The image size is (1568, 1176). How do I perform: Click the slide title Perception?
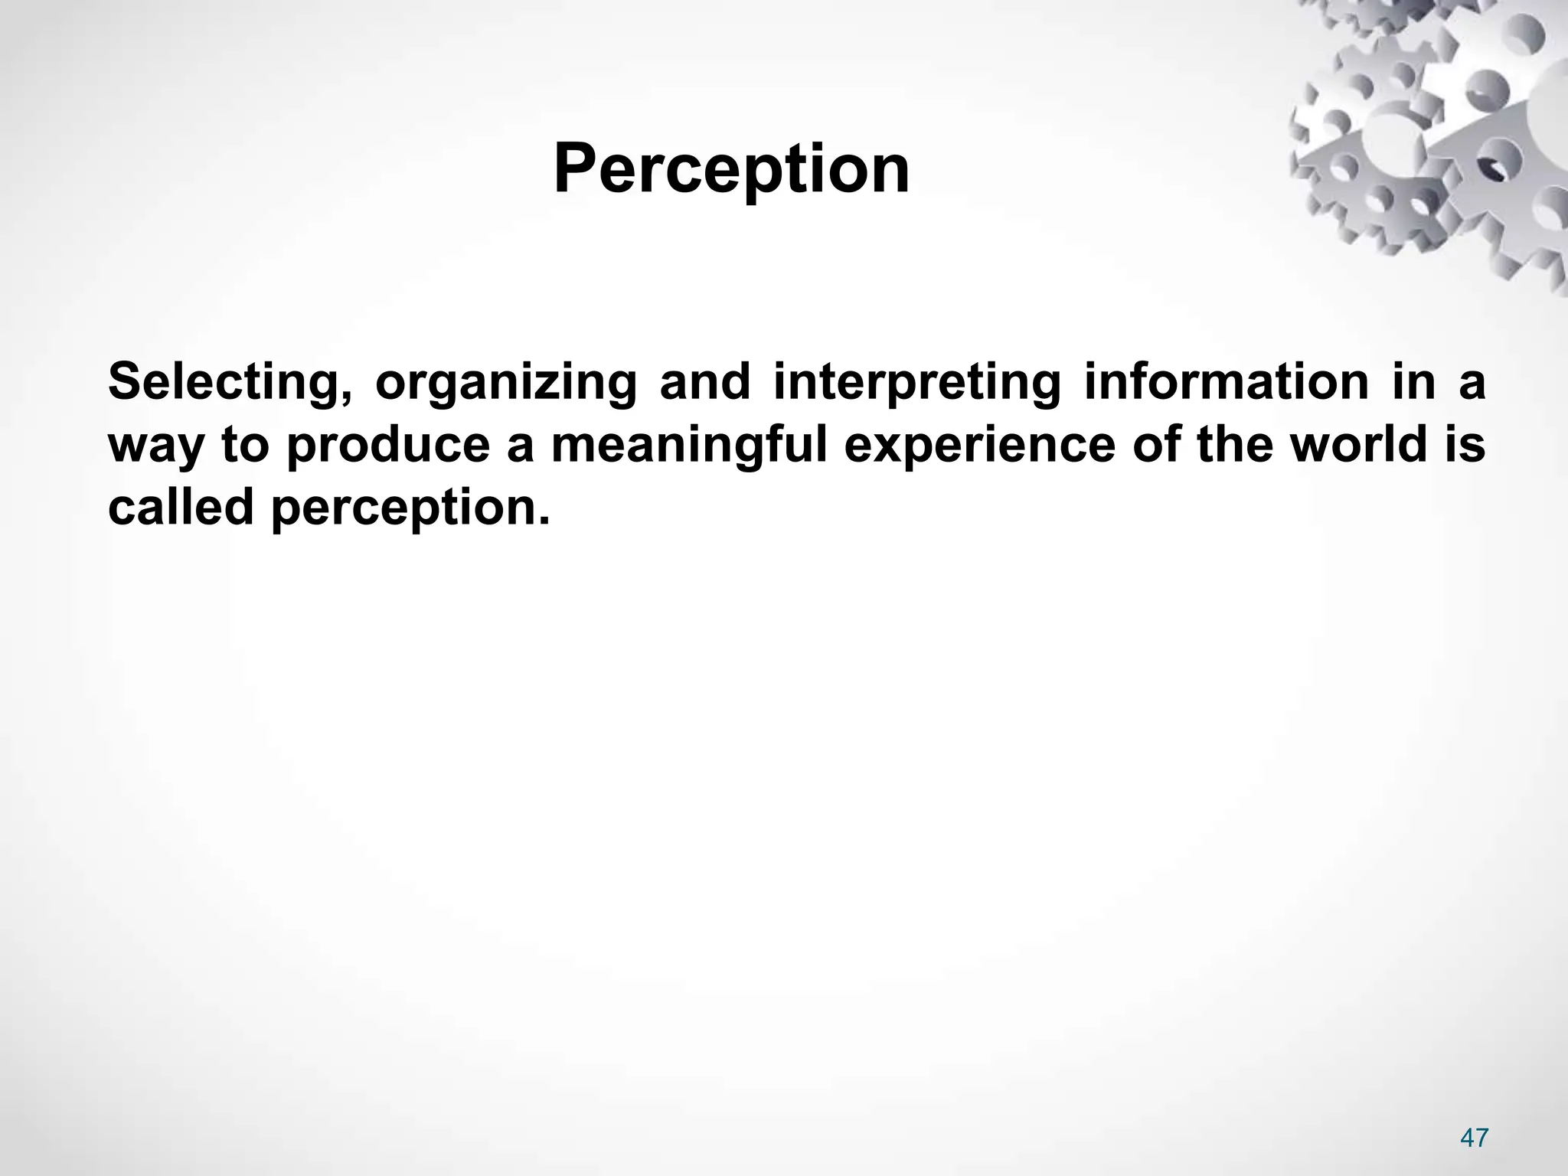[731, 170]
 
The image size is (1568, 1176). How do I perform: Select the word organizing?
[506, 383]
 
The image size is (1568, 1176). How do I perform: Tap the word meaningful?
[689, 446]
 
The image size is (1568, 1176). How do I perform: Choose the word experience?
[980, 446]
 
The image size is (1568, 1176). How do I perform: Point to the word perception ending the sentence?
[410, 508]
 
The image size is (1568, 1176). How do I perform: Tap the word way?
[157, 447]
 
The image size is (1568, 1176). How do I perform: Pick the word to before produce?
[245, 446]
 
